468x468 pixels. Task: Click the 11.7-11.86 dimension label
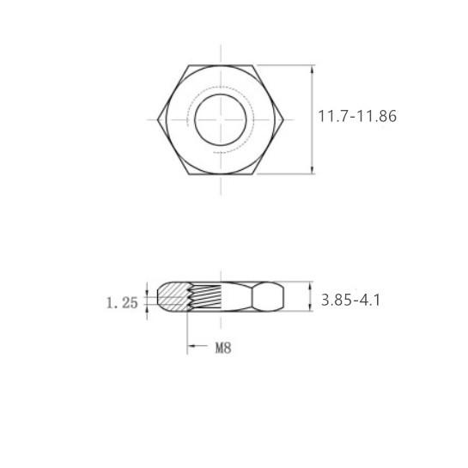357,117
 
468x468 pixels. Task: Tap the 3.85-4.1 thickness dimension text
350,300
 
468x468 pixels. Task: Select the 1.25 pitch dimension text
122,303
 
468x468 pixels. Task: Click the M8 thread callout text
223,348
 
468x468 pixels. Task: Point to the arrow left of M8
198,345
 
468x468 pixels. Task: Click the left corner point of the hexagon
158,119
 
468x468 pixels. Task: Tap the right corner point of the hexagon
283,119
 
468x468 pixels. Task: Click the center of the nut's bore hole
221,119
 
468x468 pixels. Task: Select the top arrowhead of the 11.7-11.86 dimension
313,70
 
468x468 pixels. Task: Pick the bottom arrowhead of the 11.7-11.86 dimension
313,169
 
